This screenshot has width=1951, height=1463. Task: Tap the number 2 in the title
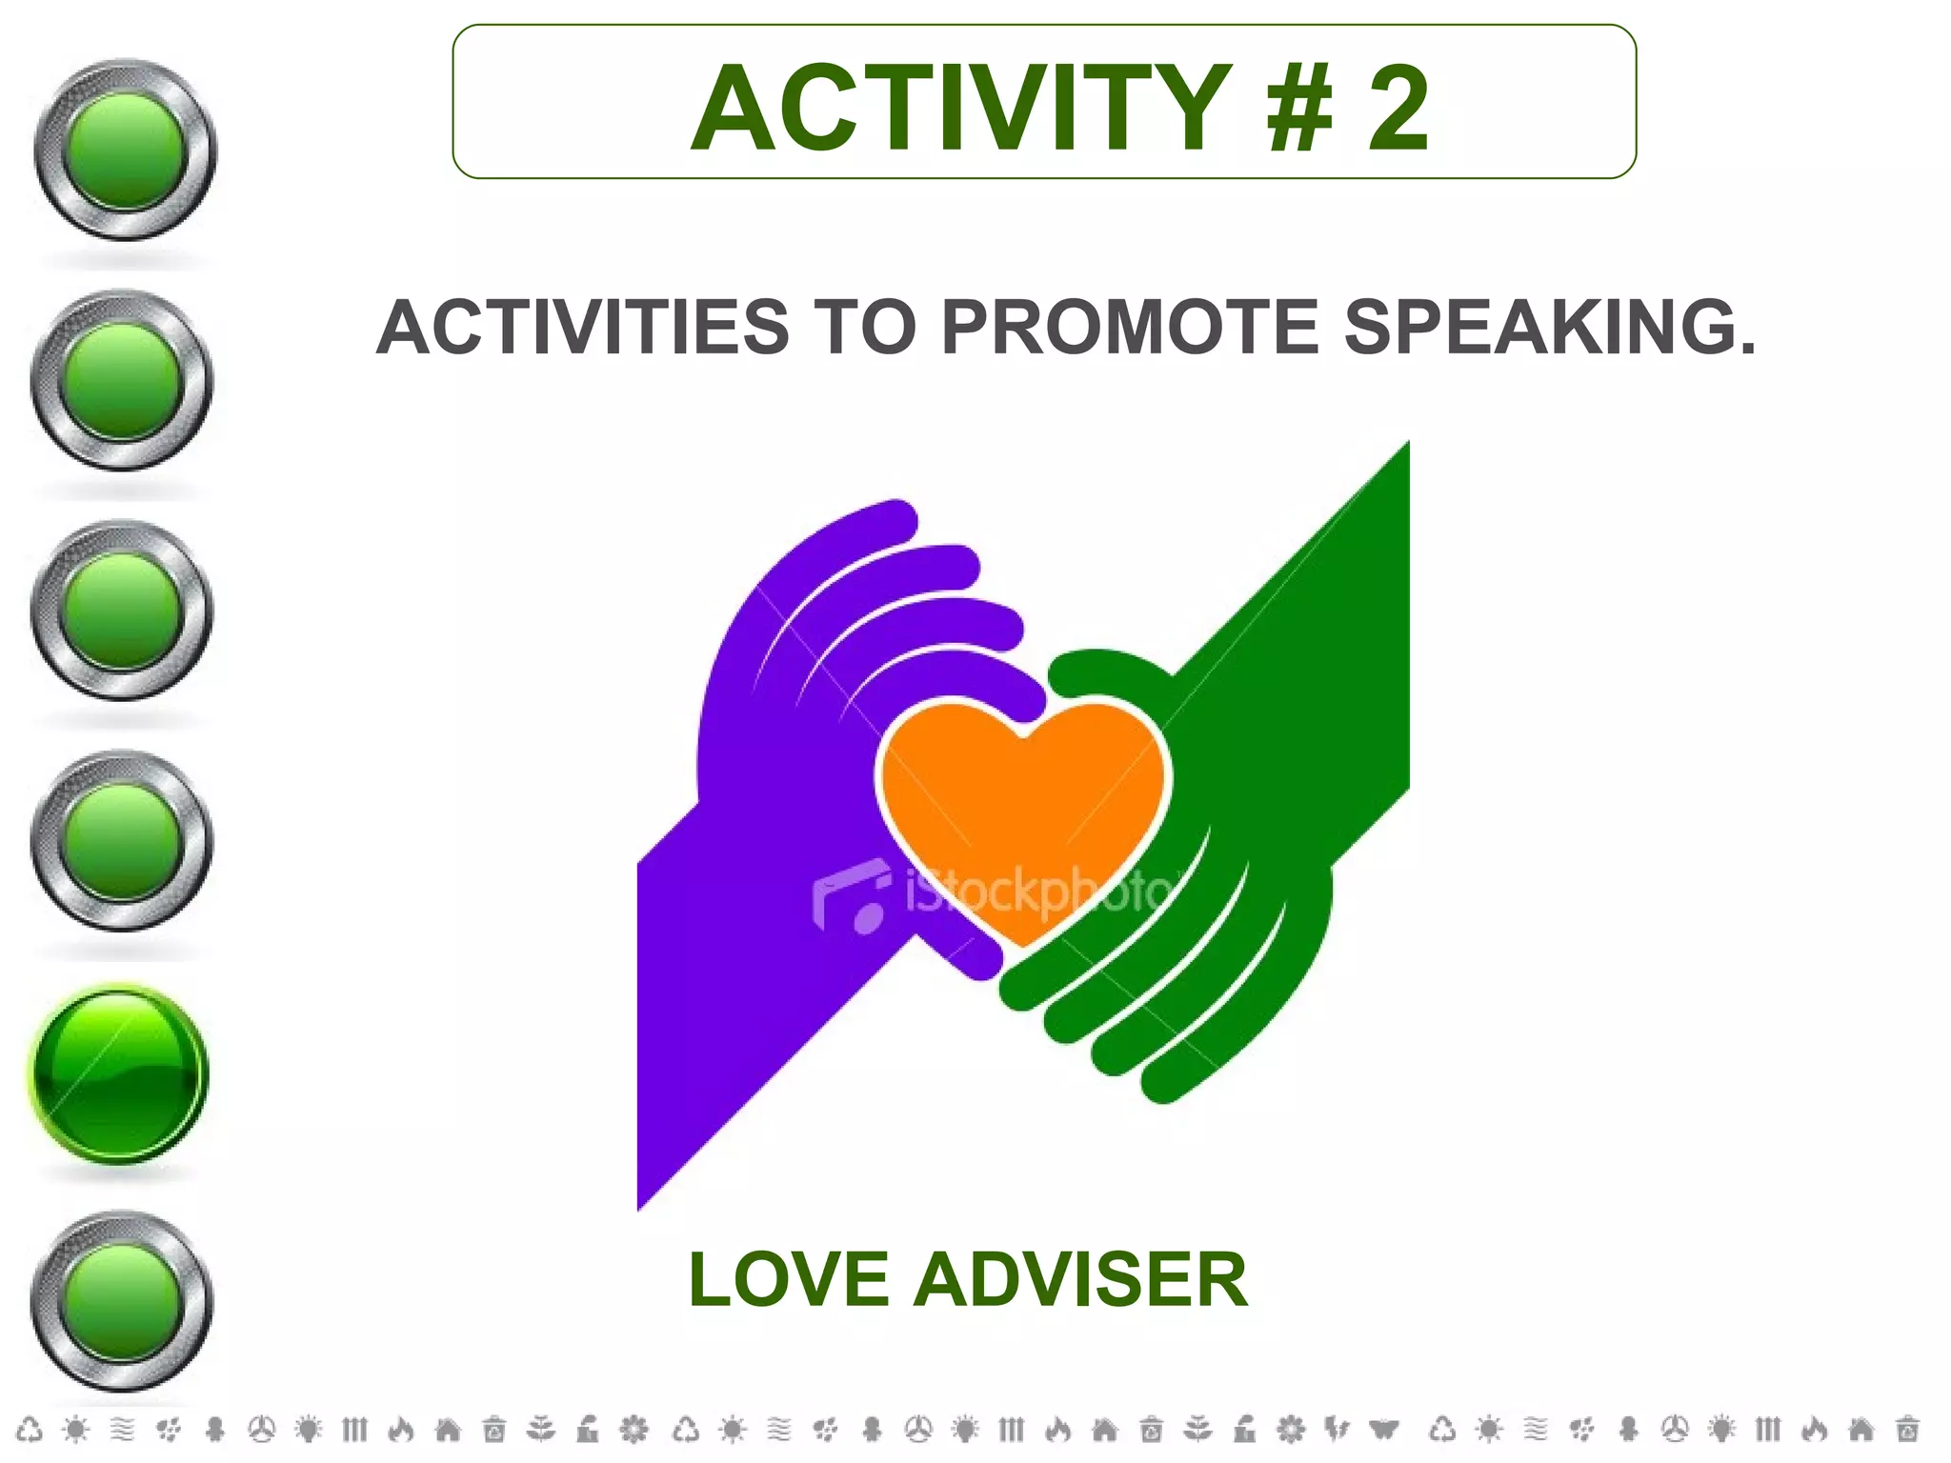tap(1398, 108)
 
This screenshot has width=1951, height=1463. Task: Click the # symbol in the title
tap(1299, 108)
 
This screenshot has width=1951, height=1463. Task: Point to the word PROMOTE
tap(1130, 327)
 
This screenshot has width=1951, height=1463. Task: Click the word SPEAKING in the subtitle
tap(1549, 327)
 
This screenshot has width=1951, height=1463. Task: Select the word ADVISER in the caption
tap(1080, 1279)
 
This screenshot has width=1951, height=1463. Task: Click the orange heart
tap(1023, 810)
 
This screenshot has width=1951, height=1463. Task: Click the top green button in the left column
tap(125, 150)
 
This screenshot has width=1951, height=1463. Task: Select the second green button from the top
tap(122, 380)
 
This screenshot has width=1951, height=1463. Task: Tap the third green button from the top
tap(122, 611)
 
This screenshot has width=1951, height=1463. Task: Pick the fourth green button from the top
tap(122, 841)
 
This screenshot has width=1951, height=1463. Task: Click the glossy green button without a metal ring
tap(119, 1073)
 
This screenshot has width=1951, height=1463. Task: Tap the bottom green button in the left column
tap(122, 1302)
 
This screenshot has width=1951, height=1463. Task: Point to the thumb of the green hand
tap(1105, 671)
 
